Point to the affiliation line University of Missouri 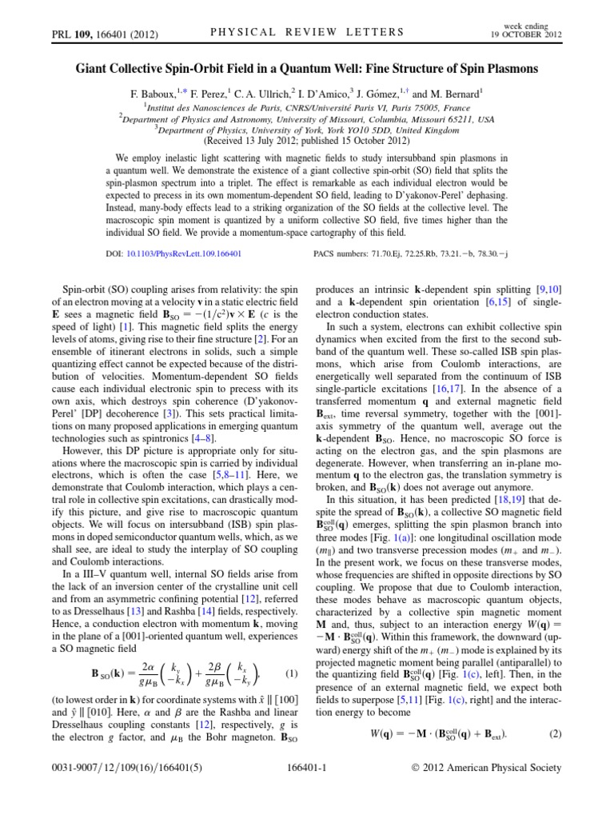[306, 117]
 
